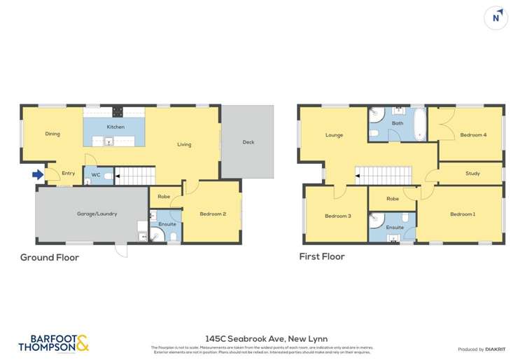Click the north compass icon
click(x=496, y=18)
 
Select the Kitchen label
click(x=115, y=127)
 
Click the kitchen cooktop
click(x=118, y=111)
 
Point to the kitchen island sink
click(x=109, y=141)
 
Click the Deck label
click(x=248, y=142)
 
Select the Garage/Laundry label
click(x=92, y=214)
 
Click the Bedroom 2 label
click(x=213, y=214)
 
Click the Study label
click(x=472, y=173)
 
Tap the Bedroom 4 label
click(x=473, y=134)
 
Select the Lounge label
click(x=334, y=134)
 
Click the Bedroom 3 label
click(x=337, y=216)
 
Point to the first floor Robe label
click(x=393, y=199)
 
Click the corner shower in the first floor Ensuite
click(x=377, y=219)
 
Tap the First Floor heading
click(x=321, y=257)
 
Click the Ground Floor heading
click(x=49, y=258)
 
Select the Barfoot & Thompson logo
click(x=53, y=342)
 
